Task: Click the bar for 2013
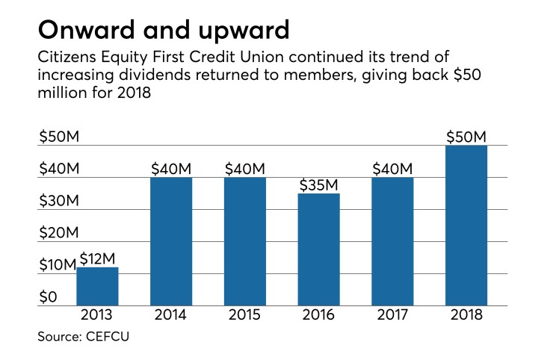[97, 286]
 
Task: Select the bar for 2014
[171, 241]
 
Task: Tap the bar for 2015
[244, 241]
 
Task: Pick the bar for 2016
[318, 249]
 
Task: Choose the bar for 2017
[392, 241]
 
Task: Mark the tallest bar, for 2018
[466, 226]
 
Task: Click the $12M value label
[97, 258]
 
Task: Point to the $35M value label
[318, 184]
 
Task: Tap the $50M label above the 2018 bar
[466, 137]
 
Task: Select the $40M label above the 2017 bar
[392, 168]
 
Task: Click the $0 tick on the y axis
[48, 297]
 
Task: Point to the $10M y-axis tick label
[57, 265]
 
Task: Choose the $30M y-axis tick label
[58, 201]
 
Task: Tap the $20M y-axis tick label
[58, 233]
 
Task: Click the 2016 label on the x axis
[318, 315]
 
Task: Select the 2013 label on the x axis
[97, 315]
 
